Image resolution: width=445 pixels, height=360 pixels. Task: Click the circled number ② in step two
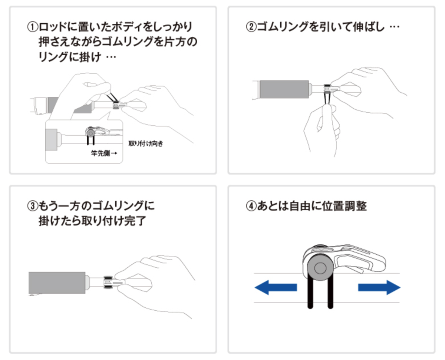(251, 27)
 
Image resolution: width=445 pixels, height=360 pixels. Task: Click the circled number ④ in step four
(251, 206)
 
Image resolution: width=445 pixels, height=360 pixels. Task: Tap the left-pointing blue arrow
(276, 287)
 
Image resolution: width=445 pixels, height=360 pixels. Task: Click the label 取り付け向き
(145, 143)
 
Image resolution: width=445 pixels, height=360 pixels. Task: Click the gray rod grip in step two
(284, 89)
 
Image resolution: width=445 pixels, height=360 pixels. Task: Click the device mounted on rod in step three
(108, 283)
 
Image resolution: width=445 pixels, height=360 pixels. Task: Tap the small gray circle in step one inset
(90, 132)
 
